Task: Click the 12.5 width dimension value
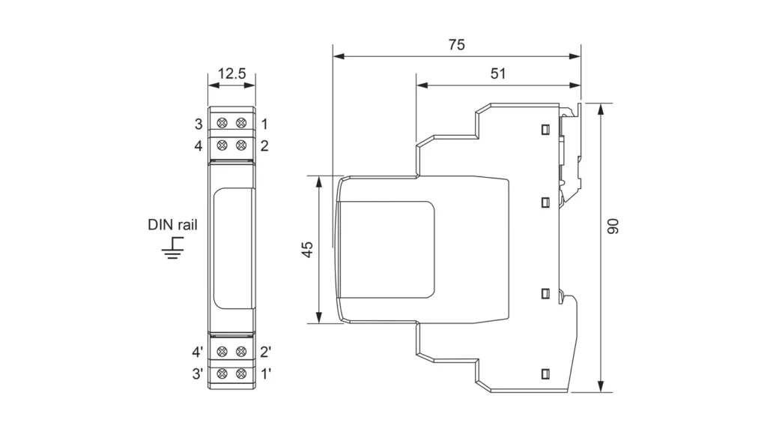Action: (x=231, y=73)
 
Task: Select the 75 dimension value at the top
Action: (x=456, y=44)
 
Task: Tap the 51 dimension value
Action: (x=498, y=73)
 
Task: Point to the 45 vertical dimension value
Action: (x=307, y=250)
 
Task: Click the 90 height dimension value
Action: (x=613, y=228)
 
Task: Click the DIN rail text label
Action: (x=173, y=224)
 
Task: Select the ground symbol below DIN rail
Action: (x=174, y=248)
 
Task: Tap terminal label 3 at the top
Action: (x=198, y=123)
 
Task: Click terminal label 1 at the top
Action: (x=264, y=123)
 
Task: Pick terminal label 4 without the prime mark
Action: (x=198, y=145)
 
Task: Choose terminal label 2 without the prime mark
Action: (x=264, y=145)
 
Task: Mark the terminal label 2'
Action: (x=265, y=351)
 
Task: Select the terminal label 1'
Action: (x=265, y=373)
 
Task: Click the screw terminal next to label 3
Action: (x=222, y=123)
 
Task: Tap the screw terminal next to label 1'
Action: (x=241, y=373)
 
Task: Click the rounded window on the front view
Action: (x=231, y=248)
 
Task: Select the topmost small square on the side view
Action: (x=545, y=129)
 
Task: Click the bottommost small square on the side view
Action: (x=545, y=373)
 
